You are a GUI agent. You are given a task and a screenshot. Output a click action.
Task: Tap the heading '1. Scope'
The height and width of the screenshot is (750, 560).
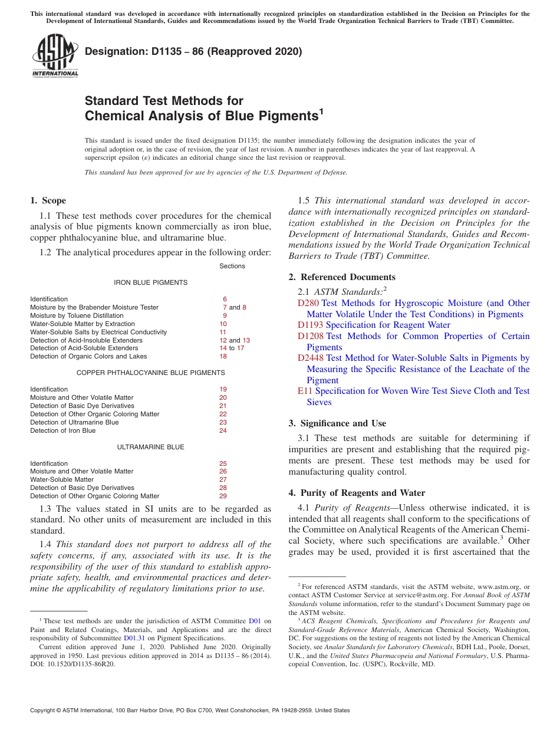pyautogui.click(x=48, y=200)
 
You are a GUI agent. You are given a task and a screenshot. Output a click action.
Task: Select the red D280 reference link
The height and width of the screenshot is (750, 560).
pyautogui.click(x=308, y=303)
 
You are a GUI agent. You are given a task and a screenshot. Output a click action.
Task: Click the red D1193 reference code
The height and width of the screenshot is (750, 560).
pyautogui.click(x=310, y=325)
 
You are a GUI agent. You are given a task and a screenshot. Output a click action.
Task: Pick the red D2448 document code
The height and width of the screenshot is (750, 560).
pyautogui.click(x=310, y=358)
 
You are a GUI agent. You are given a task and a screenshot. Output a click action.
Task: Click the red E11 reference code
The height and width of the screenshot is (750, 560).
pyautogui.click(x=305, y=391)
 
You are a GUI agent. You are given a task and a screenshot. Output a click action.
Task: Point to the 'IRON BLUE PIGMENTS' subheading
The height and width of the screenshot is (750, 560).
pyautogui.click(x=150, y=282)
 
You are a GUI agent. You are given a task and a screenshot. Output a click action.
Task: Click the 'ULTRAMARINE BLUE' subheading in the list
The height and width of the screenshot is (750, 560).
pyautogui.click(x=150, y=447)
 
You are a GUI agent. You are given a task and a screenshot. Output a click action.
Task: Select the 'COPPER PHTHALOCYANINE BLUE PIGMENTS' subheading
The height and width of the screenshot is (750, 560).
pyautogui.click(x=150, y=373)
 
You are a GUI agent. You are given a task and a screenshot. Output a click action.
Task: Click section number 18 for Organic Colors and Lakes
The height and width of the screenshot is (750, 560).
pyautogui.click(x=223, y=356)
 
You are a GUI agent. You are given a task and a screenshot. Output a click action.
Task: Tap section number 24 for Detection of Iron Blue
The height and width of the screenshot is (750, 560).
pyautogui.click(x=223, y=430)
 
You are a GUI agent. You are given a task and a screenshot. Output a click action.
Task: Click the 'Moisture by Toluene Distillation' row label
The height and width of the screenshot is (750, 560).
pyautogui.click(x=77, y=315)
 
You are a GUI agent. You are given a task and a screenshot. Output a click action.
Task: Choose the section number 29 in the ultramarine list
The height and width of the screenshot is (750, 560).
pyautogui.click(x=223, y=496)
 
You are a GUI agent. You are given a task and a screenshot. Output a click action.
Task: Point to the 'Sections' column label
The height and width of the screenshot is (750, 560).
pyautogui.click(x=232, y=266)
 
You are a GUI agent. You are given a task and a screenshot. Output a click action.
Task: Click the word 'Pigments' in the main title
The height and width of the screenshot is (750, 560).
pyautogui.click(x=288, y=116)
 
